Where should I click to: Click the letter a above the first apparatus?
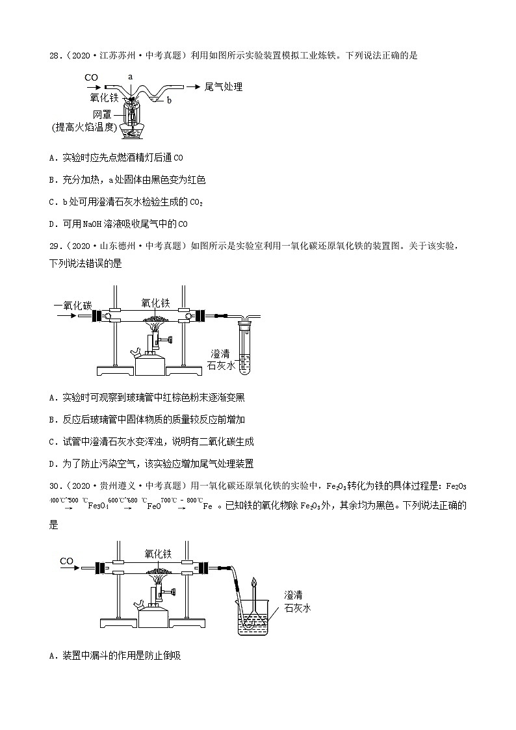[x=130, y=76]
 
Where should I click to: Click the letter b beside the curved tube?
[x=169, y=100]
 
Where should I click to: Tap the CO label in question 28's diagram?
[x=92, y=77]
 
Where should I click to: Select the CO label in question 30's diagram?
[x=66, y=561]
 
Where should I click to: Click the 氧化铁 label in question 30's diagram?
[x=157, y=553]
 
